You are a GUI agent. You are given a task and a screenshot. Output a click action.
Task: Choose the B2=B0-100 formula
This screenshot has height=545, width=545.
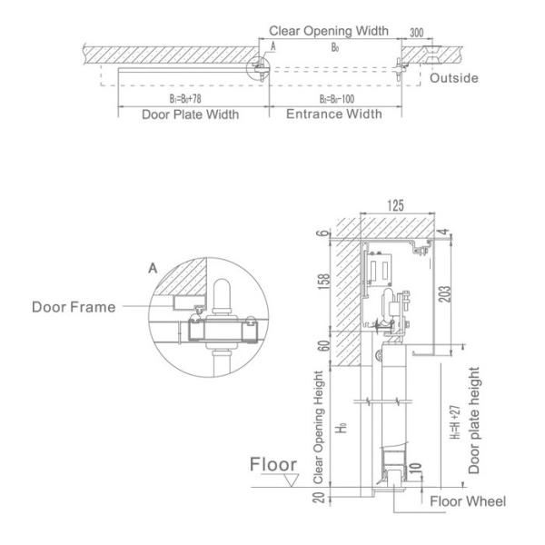[334, 98]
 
